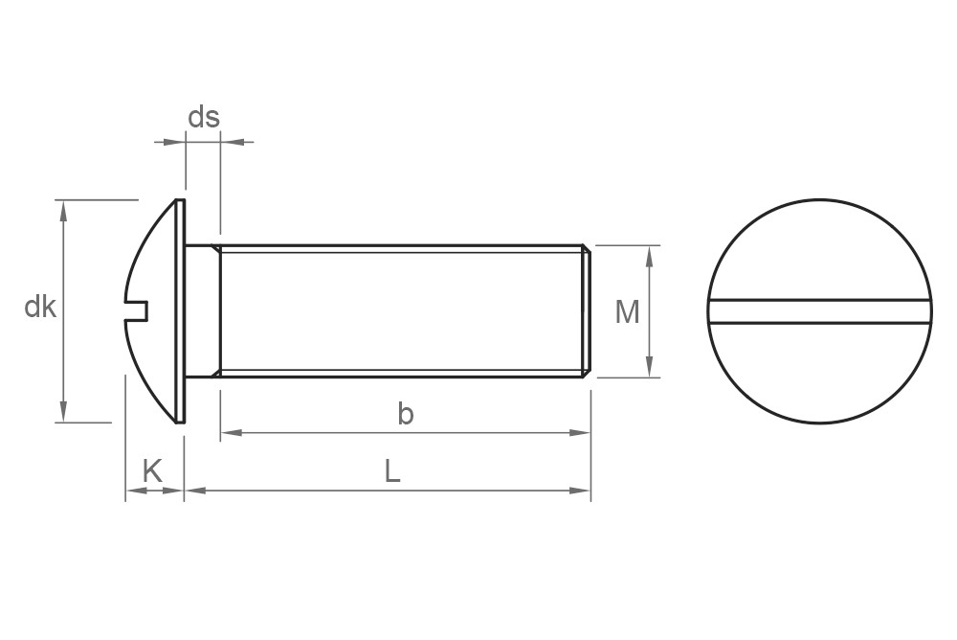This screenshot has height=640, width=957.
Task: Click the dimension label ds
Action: coord(203,117)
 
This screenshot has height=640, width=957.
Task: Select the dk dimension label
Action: coord(40,308)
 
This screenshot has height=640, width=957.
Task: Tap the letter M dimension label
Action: coord(627,311)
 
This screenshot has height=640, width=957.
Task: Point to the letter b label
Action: coord(406,414)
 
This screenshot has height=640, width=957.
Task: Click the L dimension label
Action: coord(392,470)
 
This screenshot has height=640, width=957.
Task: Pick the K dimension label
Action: coord(152,470)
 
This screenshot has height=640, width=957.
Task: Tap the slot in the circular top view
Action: coord(820,311)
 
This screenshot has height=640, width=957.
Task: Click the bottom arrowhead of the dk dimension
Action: coord(64,413)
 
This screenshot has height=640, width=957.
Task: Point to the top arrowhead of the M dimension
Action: coord(650,255)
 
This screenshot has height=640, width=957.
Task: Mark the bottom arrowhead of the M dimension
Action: coord(650,368)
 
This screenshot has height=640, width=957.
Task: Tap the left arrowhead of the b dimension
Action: coord(230,433)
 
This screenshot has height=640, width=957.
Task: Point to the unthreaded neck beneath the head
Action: coord(202,311)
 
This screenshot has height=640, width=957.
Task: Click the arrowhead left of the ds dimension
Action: coord(175,142)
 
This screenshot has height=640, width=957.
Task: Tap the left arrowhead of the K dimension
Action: coord(135,491)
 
